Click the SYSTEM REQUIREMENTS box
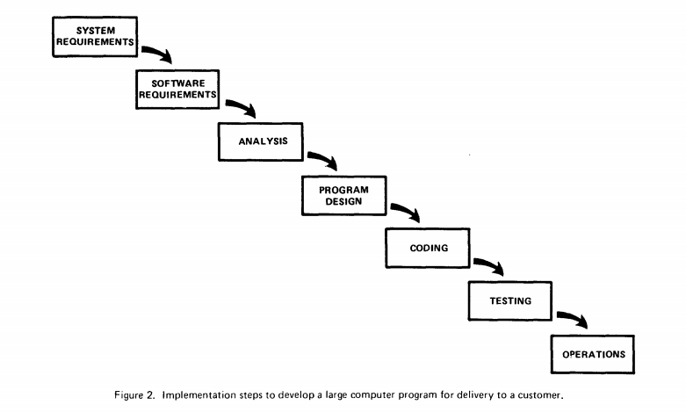(95, 37)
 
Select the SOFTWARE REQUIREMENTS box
(177, 90)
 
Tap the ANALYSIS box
(261, 141)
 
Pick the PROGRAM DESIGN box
(343, 196)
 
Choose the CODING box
(428, 248)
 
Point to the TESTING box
(510, 301)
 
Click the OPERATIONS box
(593, 354)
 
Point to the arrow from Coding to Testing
(491, 264)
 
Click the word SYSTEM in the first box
(96, 31)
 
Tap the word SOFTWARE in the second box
(178, 83)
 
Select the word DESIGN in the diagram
(343, 202)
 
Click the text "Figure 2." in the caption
(134, 395)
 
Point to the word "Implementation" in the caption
(199, 395)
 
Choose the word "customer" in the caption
(540, 395)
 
